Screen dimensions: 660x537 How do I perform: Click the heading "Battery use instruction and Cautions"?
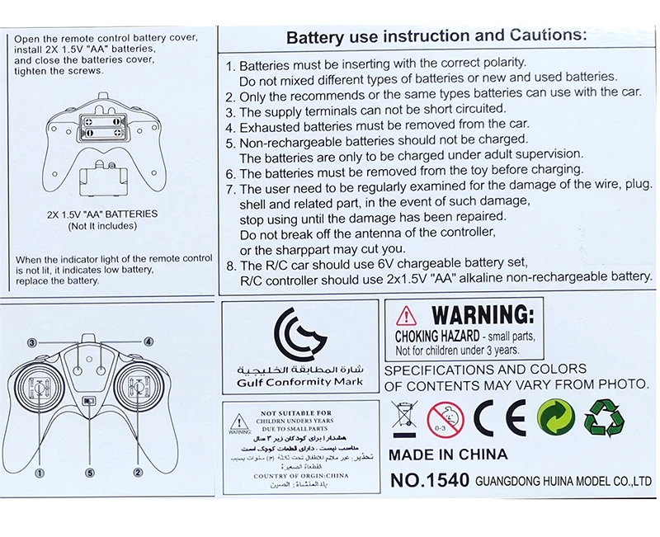click(436, 36)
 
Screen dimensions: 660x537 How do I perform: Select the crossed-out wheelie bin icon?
click(405, 417)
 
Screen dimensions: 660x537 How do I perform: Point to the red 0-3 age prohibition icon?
click(446, 418)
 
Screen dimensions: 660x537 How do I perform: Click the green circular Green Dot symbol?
click(554, 417)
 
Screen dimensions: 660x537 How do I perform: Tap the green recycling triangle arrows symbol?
click(604, 417)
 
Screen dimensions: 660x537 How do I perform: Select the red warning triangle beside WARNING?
click(406, 315)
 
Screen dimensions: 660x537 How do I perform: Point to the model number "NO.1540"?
click(428, 480)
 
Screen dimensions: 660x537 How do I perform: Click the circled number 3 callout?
click(31, 341)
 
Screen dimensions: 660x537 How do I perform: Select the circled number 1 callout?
click(38, 473)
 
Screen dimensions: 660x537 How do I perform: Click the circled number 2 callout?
click(138, 473)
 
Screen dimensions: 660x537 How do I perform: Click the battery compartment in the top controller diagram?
click(100, 127)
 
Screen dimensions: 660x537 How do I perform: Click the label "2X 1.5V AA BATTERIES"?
click(102, 214)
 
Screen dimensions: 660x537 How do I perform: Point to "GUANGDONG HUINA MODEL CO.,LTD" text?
click(563, 481)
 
